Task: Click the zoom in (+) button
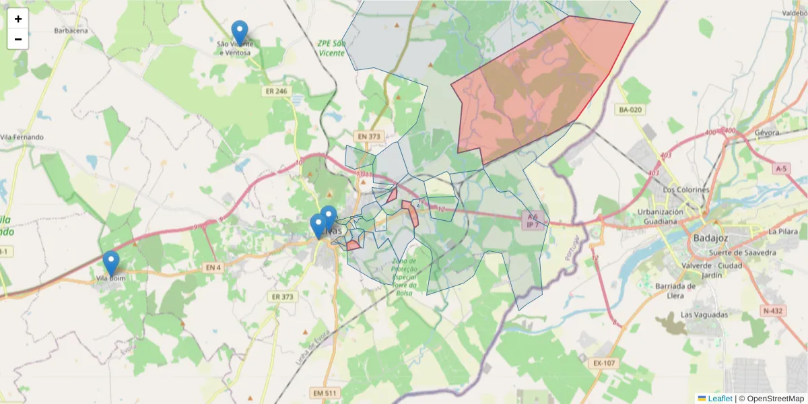18,19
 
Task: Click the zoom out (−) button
18,39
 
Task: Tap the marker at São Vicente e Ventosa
240,33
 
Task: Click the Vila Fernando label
22,137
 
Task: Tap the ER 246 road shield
275,90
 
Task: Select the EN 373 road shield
369,137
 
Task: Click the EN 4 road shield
213,268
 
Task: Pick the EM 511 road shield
325,393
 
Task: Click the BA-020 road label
631,109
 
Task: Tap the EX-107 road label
604,364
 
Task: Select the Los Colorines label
686,190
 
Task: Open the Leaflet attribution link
719,399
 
